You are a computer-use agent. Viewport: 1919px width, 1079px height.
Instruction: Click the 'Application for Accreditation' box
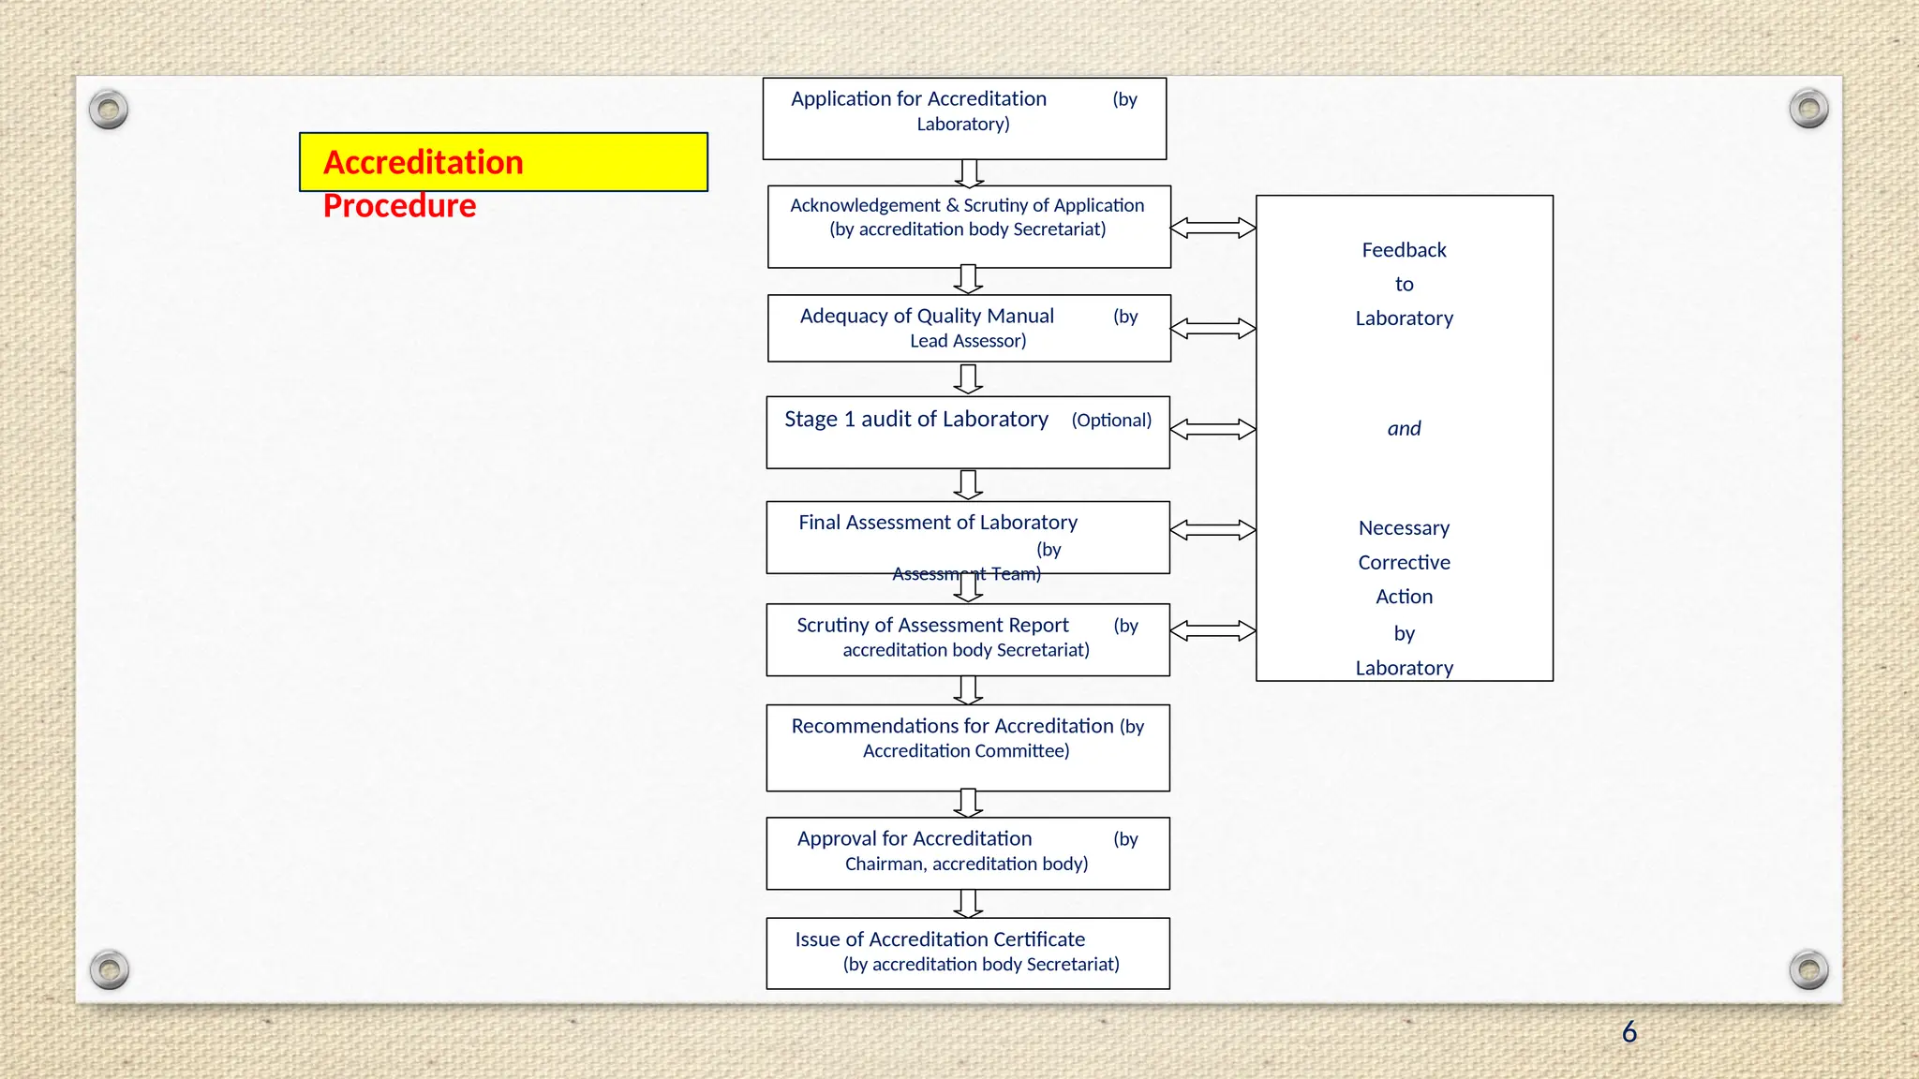(x=964, y=119)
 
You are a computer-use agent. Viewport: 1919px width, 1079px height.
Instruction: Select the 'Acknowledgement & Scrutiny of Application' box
(x=969, y=227)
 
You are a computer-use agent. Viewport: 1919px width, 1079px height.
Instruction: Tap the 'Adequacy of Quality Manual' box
(x=969, y=328)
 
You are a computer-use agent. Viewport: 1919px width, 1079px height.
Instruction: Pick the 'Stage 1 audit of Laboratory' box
(x=968, y=432)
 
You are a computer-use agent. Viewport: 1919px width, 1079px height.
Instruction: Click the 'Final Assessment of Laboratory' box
(x=968, y=537)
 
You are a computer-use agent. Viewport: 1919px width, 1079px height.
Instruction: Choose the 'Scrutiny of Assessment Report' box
(x=968, y=640)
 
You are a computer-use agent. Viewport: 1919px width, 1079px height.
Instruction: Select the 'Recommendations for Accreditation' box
(x=968, y=747)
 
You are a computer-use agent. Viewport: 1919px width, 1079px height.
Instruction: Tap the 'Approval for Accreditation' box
(x=968, y=853)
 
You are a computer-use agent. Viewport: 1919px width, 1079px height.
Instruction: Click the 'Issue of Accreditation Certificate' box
(x=968, y=953)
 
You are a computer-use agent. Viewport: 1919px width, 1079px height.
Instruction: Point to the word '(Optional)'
(x=1111, y=421)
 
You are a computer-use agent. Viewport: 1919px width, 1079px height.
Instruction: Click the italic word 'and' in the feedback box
(x=1404, y=429)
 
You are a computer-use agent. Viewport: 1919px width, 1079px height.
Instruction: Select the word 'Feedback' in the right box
(x=1404, y=250)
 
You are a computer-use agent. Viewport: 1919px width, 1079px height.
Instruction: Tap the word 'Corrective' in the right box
(x=1404, y=563)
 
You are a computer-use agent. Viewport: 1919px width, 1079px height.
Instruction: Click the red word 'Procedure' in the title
(x=399, y=206)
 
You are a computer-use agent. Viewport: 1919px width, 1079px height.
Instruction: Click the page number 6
(x=1629, y=1032)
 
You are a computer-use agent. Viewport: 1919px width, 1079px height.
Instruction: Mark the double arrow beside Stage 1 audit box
(x=1212, y=429)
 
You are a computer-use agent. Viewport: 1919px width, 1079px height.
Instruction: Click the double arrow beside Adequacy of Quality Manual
(x=1212, y=329)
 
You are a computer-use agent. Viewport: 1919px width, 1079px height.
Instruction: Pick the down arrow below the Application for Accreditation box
(x=969, y=173)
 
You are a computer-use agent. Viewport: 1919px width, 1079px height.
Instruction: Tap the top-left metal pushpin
(x=109, y=111)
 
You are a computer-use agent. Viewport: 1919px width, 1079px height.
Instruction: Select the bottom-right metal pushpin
(x=1808, y=969)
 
